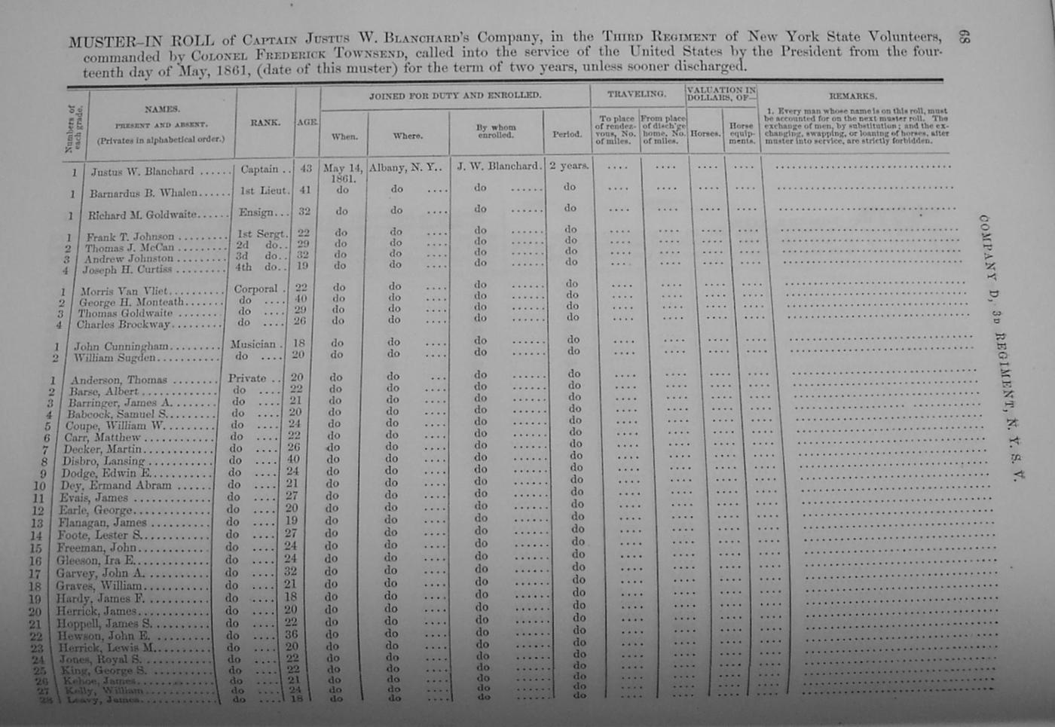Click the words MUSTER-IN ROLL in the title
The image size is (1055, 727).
pyautogui.click(x=141, y=41)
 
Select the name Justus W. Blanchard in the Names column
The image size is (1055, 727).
pyautogui.click(x=142, y=172)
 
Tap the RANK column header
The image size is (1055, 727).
pyautogui.click(x=265, y=122)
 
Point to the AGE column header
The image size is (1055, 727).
pyautogui.click(x=307, y=122)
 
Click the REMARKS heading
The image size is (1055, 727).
pyautogui.click(x=852, y=96)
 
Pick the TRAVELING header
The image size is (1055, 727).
pyautogui.click(x=637, y=95)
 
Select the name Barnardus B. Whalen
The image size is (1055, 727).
pyautogui.click(x=143, y=193)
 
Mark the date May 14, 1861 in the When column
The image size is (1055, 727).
pyautogui.click(x=343, y=173)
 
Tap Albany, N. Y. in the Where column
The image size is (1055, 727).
pyautogui.click(x=405, y=168)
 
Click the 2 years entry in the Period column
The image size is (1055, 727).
pyautogui.click(x=568, y=166)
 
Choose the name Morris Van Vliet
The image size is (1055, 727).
pyautogui.click(x=123, y=291)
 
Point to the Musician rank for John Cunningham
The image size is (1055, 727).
pyautogui.click(x=253, y=344)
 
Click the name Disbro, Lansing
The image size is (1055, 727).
pyautogui.click(x=104, y=461)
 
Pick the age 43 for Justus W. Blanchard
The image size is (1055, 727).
pyautogui.click(x=305, y=170)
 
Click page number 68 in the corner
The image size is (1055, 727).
pyautogui.click(x=964, y=36)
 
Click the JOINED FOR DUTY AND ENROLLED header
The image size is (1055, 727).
pyautogui.click(x=454, y=96)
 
